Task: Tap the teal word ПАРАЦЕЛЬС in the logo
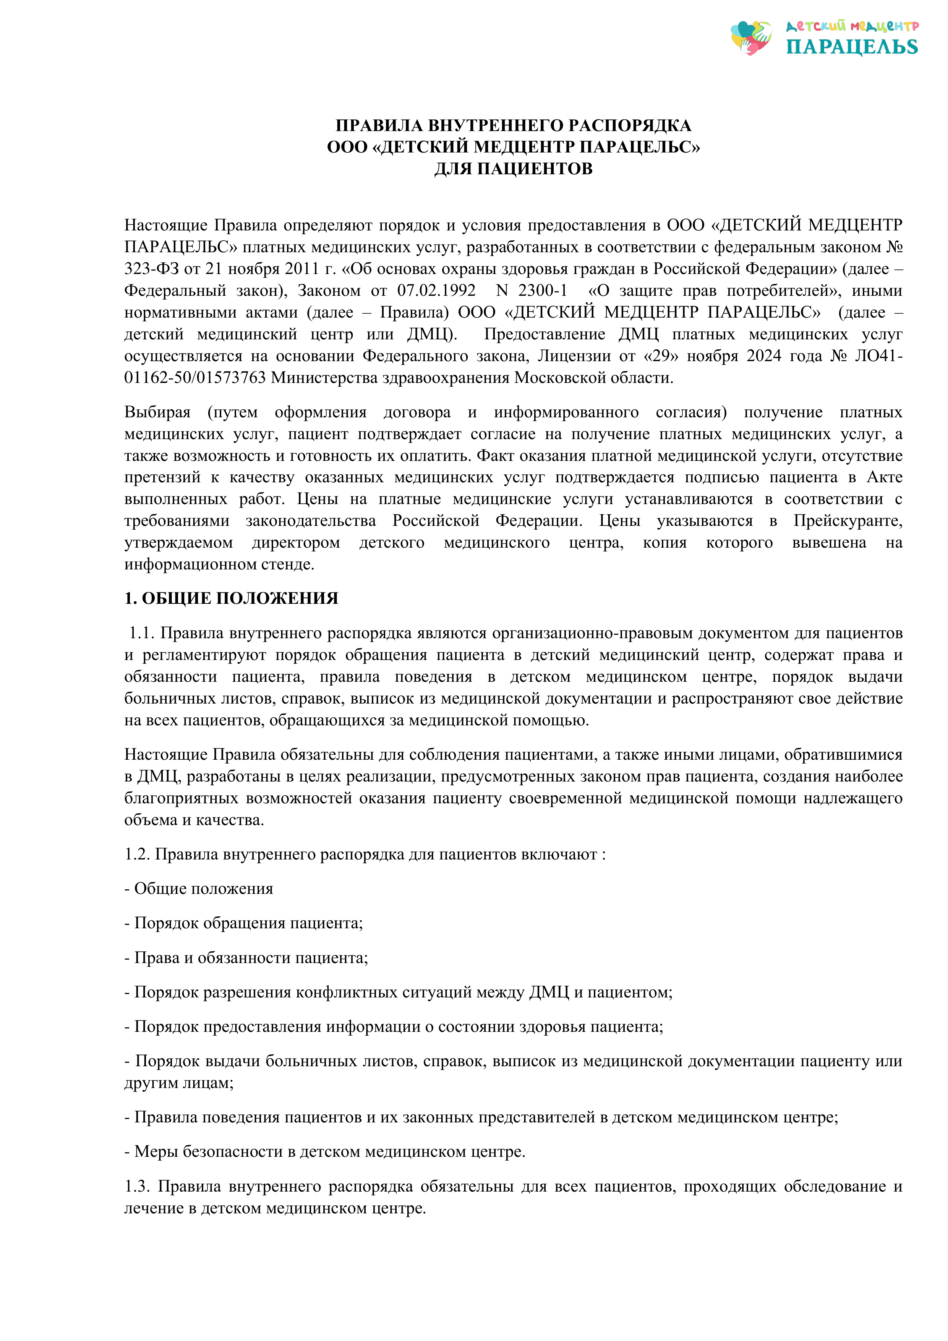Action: click(852, 47)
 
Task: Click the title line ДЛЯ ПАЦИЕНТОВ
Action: click(514, 169)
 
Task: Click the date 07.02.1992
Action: click(436, 290)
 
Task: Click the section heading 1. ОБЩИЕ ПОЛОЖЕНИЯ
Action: click(231, 598)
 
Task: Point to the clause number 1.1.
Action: click(141, 633)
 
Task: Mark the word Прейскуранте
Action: click(848, 521)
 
